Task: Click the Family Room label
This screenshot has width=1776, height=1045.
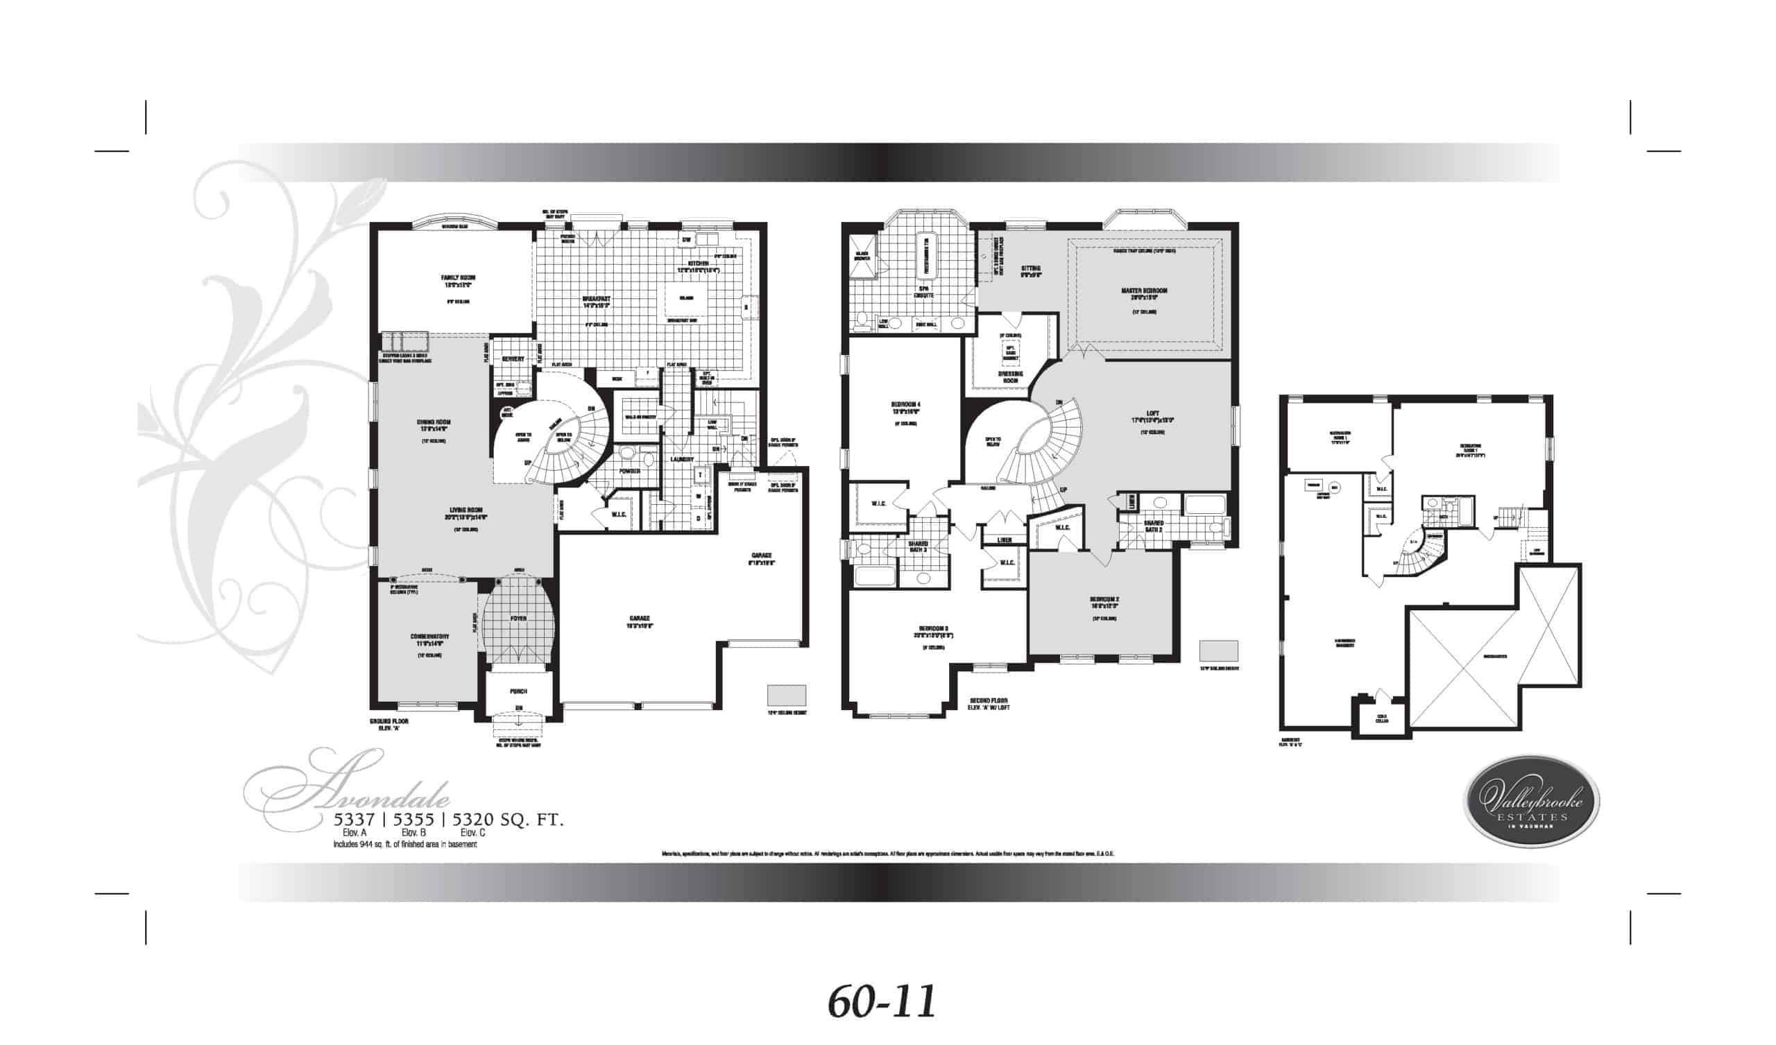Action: click(x=458, y=278)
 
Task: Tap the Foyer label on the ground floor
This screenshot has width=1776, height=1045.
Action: click(x=519, y=618)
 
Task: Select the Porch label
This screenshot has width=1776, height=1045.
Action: click(x=519, y=691)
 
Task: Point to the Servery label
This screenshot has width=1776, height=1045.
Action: click(x=513, y=359)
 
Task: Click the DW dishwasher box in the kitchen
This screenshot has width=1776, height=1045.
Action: click(x=685, y=241)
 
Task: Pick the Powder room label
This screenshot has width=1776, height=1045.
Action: click(x=629, y=471)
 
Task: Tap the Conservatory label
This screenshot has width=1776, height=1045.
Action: click(x=430, y=637)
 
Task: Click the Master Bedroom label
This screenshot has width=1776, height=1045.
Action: click(x=1144, y=291)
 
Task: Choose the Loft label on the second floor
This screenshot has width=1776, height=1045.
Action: click(x=1153, y=413)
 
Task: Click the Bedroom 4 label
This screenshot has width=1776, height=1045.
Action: click(x=905, y=404)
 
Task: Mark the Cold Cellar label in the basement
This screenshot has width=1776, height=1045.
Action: click(x=1382, y=720)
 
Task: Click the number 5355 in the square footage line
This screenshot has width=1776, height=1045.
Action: click(x=413, y=820)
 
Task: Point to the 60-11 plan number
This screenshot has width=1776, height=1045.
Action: click(x=882, y=1001)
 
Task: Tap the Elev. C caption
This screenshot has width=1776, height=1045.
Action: click(x=473, y=832)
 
